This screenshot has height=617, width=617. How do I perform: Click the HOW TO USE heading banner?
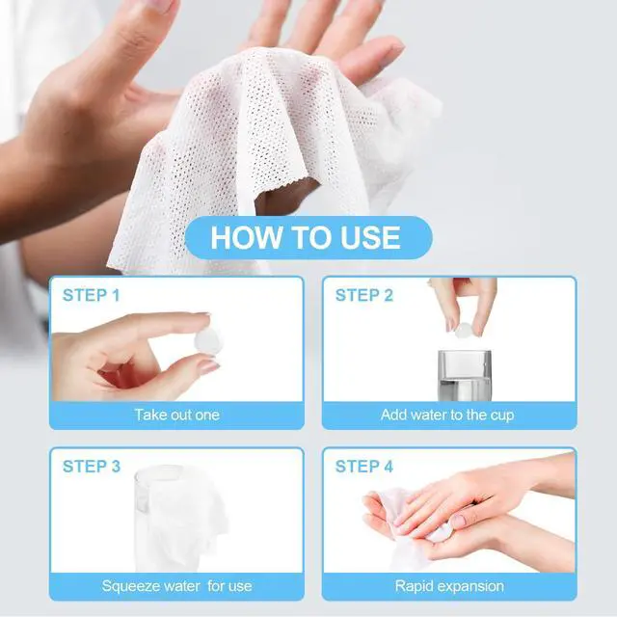[308, 237]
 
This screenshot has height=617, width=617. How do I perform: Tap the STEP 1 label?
[92, 295]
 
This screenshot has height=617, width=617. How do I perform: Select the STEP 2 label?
[364, 295]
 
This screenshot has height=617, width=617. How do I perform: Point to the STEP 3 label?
[92, 467]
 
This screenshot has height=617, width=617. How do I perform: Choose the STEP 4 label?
[364, 467]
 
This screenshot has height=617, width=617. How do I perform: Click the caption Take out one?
[176, 415]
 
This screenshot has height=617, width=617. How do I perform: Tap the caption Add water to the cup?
[447, 416]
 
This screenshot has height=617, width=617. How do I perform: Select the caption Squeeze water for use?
[176, 586]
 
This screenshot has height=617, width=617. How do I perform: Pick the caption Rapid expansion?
[449, 586]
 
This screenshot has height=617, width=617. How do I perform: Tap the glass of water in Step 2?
[465, 375]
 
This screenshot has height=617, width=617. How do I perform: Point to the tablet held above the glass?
[465, 330]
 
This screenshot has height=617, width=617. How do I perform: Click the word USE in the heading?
[370, 238]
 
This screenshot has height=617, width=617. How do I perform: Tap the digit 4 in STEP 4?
[389, 467]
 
